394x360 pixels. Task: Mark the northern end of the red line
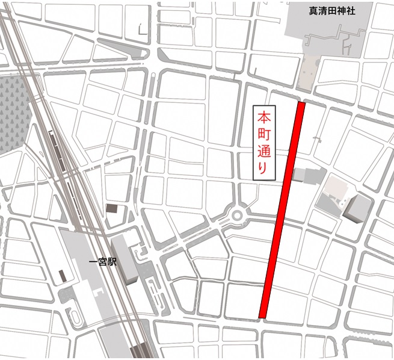tap(301, 104)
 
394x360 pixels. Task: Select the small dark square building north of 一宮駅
tap(112, 208)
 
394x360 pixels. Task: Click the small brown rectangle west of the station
tap(62, 276)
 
